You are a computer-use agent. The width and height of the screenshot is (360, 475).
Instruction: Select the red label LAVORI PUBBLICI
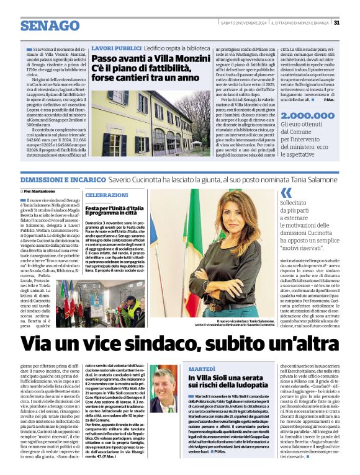pos(116,48)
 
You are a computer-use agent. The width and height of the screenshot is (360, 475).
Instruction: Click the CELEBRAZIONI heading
pos(102,195)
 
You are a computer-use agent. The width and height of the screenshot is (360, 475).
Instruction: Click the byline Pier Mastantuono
pos(44,191)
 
